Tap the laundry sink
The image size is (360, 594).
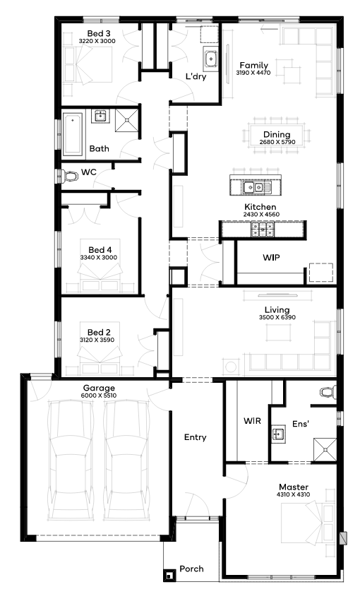[x=210, y=59]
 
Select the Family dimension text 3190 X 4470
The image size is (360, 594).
[x=253, y=73]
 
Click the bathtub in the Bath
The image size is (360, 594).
[x=72, y=133]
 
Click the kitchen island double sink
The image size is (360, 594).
[x=253, y=186]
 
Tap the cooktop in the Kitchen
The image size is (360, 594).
[x=263, y=229]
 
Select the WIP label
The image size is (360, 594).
[x=272, y=258]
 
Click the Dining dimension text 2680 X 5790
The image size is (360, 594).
[x=277, y=142]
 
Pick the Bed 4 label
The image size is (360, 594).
[x=100, y=249]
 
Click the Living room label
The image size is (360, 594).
[x=277, y=310]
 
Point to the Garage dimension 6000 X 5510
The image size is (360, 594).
[x=99, y=396]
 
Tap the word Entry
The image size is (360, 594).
[x=196, y=437]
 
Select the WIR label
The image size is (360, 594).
[x=252, y=420]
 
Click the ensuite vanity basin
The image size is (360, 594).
[x=279, y=434]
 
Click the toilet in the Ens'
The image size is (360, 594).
[x=328, y=392]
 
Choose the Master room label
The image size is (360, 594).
[x=294, y=487]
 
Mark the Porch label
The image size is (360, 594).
[x=191, y=569]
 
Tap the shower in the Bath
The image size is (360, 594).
[x=127, y=120]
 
